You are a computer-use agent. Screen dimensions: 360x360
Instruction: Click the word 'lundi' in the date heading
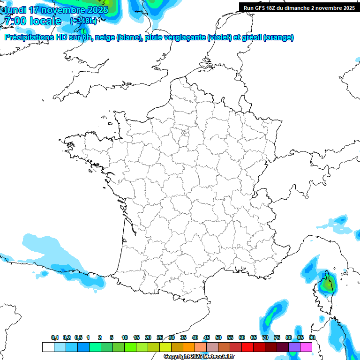coord(15,10)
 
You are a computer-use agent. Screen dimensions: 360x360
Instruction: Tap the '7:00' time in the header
coord(15,22)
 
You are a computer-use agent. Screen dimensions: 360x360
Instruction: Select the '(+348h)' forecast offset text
coord(83,22)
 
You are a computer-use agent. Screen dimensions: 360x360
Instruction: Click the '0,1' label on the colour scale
coord(55,338)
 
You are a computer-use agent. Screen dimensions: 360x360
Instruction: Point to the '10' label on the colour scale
coord(125,338)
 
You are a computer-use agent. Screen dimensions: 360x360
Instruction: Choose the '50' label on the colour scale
coord(218,338)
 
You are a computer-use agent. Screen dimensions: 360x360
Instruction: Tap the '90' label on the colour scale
coord(312,338)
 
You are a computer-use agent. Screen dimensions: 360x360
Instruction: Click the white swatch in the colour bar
coord(48,347)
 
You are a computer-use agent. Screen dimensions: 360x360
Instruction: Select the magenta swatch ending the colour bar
coord(306,347)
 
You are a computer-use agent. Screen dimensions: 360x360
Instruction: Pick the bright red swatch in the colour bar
coord(247,347)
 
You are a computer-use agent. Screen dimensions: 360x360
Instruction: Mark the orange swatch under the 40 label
coord(189,347)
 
